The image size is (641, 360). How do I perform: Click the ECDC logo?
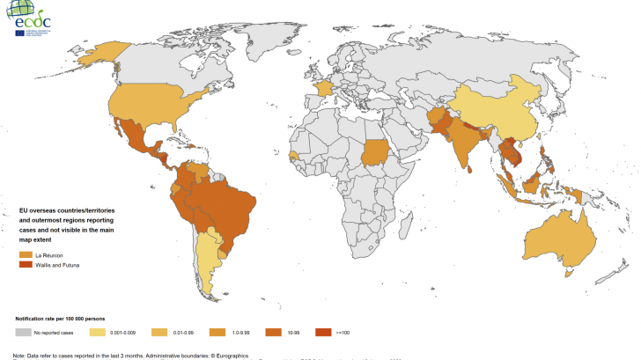[31, 15]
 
